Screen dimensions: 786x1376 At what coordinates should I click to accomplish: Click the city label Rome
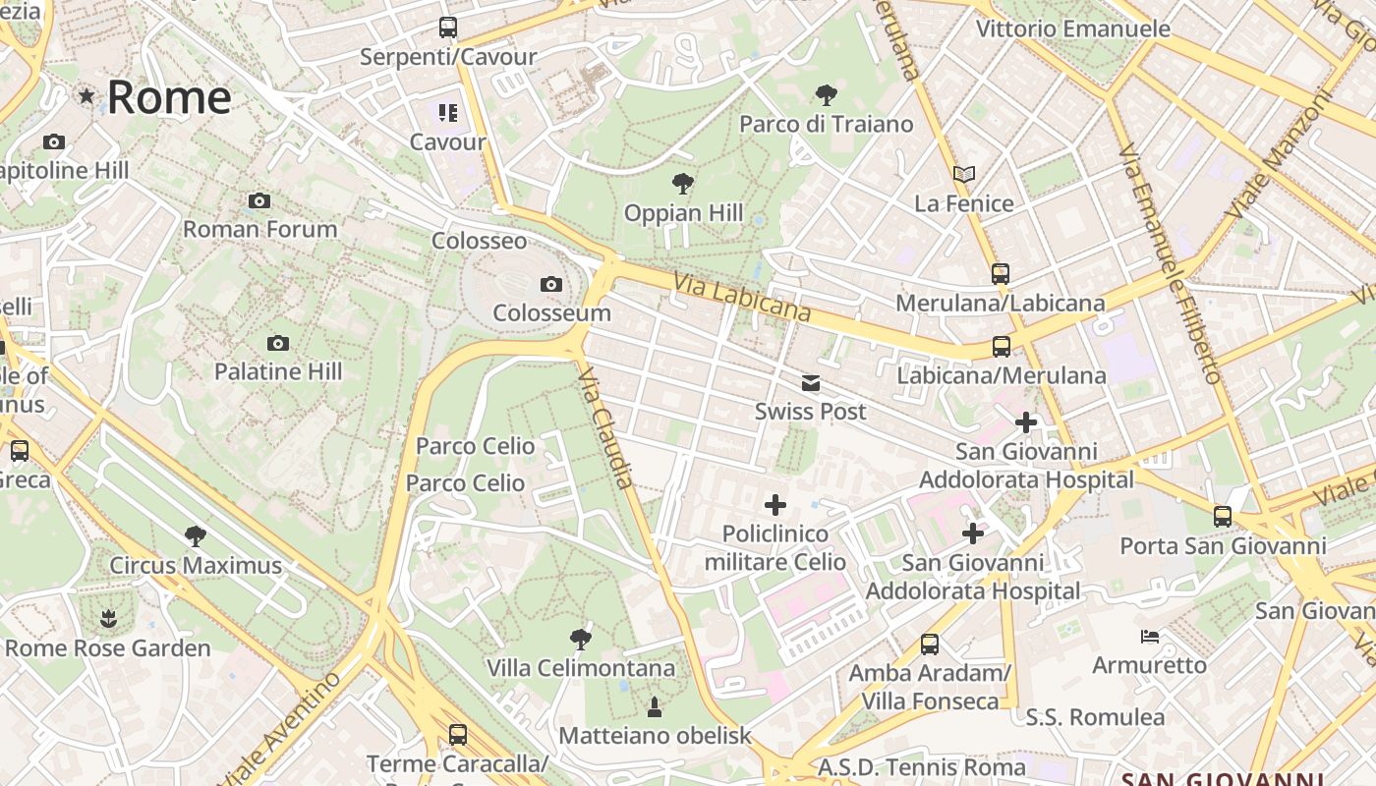[168, 97]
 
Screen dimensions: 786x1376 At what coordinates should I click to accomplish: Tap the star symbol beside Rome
[87, 95]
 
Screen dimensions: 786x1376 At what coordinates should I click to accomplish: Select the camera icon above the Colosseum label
[551, 285]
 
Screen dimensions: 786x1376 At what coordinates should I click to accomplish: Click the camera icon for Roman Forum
[259, 201]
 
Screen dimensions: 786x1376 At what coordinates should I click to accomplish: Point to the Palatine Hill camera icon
[278, 343]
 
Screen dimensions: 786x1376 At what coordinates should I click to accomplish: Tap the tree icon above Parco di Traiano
[827, 95]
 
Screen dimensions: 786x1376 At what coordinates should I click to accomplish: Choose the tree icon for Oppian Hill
[683, 184]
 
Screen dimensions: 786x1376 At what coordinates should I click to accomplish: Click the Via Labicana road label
[742, 298]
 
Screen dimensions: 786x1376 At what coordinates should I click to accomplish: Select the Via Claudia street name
[606, 428]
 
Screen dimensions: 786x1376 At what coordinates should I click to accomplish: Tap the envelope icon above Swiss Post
[810, 383]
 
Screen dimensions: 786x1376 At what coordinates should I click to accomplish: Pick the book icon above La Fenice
[964, 175]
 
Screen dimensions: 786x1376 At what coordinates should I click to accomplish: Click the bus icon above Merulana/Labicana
[1001, 274]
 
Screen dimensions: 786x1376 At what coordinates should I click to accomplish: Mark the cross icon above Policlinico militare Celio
[775, 505]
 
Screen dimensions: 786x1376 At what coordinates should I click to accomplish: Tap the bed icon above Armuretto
[1149, 637]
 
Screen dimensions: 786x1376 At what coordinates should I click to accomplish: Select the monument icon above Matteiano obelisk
[655, 706]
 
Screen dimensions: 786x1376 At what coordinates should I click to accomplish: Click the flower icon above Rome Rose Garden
[107, 619]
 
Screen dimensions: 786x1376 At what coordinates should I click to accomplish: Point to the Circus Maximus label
[196, 566]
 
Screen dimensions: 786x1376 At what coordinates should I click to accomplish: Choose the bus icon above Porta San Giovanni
[1223, 517]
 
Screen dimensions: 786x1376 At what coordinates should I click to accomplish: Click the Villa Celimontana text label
[581, 668]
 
